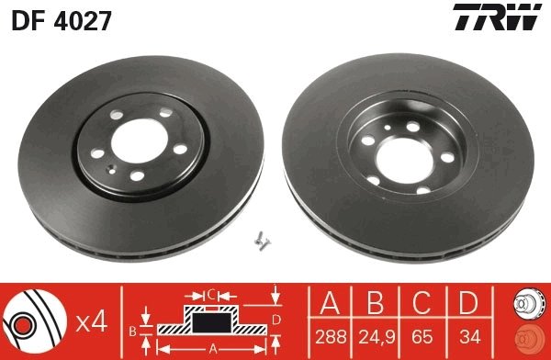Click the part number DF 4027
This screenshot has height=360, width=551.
coord(62,19)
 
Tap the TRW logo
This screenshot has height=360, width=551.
coord(502,18)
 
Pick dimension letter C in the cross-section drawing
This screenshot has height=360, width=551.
coord(210,295)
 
